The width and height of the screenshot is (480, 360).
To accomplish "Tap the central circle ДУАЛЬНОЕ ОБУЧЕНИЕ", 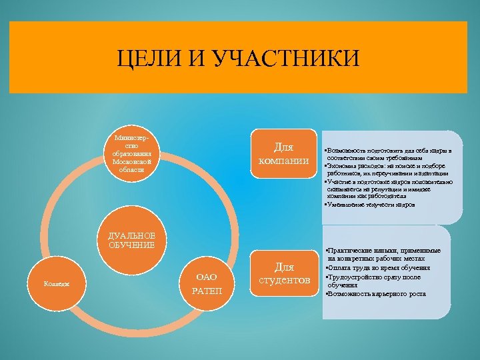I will pos(131,241).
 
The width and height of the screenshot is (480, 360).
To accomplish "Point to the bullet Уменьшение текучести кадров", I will pos(370,205).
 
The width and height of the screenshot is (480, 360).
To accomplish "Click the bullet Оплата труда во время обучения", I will pos(381,267).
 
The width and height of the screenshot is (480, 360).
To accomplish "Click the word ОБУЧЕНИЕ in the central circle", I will pos(131,245).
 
